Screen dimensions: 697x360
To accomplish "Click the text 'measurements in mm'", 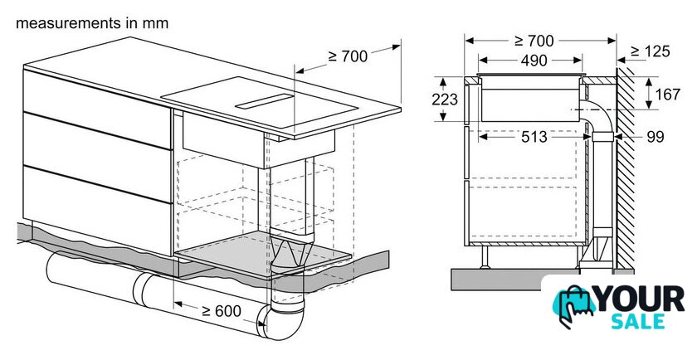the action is (x=92, y=23).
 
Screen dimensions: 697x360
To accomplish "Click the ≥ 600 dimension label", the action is (x=221, y=311).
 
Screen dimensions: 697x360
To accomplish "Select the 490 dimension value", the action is (x=534, y=61).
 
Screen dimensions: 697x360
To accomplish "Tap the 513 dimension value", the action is (x=534, y=137).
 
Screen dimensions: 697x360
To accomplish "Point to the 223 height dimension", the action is (x=445, y=99).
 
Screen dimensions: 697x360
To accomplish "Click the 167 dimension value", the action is (x=667, y=95).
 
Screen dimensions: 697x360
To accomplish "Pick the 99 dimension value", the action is (x=656, y=137).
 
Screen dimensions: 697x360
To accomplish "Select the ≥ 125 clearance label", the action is (x=651, y=51).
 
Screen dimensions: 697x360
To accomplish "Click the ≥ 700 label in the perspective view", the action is (x=348, y=56).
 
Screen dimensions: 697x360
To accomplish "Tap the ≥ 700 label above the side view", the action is (x=534, y=41).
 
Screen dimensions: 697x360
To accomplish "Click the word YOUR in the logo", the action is (x=640, y=299).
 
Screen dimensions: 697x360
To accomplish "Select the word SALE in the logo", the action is (x=638, y=321).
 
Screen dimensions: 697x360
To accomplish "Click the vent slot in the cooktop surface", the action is (x=265, y=101).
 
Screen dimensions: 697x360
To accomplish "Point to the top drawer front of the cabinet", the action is (x=97, y=109).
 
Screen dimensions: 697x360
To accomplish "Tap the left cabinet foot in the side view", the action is (x=485, y=257).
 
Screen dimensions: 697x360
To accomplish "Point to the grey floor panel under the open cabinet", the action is (x=262, y=253).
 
